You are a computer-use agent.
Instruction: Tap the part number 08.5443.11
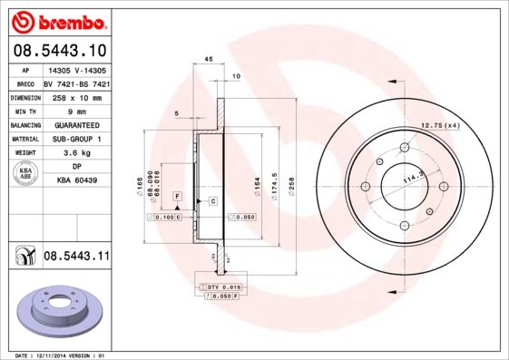pos(76,257)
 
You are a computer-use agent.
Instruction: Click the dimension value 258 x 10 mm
pos(77,97)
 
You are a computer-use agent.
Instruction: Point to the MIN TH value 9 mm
pos(77,111)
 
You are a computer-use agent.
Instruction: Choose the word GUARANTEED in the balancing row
pos(77,125)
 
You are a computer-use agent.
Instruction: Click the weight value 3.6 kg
pos(77,153)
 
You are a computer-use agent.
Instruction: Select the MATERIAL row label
pos(25,139)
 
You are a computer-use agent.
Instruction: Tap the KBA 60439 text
pos(77,181)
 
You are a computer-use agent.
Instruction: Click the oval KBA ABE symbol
pos(24,174)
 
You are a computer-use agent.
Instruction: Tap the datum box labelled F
pos(178,196)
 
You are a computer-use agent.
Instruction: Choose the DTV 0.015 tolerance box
pos(219,287)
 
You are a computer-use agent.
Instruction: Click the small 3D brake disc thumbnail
pos(55,310)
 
